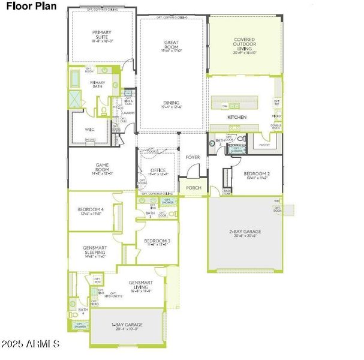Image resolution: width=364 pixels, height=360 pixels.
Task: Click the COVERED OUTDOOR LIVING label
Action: (x=245, y=44)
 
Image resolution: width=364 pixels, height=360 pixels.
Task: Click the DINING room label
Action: (x=171, y=103)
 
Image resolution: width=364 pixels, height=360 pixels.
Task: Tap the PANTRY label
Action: (x=264, y=145)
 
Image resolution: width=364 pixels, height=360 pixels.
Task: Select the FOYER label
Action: (x=192, y=157)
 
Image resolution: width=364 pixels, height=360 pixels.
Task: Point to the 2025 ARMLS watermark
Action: (x=30, y=344)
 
